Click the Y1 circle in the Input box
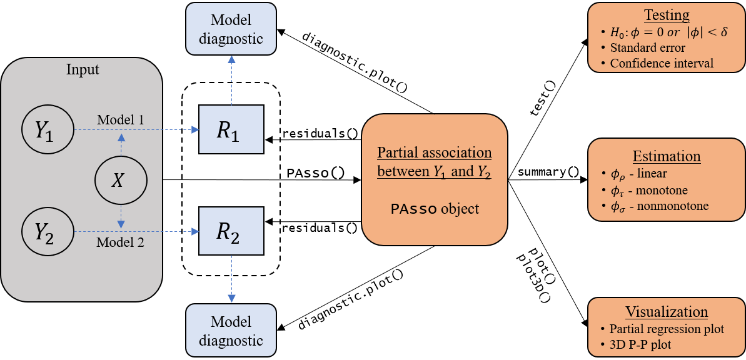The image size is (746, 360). coord(48,130)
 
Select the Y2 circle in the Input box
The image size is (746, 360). coord(48,231)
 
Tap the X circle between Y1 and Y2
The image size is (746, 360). coord(121,181)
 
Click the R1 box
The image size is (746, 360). coord(231,129)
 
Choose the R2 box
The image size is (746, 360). coord(231,231)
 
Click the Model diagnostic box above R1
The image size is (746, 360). coord(231,29)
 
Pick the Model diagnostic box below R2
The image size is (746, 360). coord(231,331)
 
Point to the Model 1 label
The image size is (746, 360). coord(121,119)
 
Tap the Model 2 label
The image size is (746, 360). coord(120,242)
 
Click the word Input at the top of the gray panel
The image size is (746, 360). coord(83,69)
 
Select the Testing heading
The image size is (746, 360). coord(667,15)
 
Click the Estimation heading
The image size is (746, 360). coord(667,156)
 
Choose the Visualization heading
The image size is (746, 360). coord(667,312)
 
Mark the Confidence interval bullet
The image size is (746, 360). coord(661,63)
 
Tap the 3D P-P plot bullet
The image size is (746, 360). coord(640,344)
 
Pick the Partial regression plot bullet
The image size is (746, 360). coord(667,329)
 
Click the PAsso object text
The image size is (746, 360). coord(435,209)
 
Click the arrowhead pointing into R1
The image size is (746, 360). coord(195,129)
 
